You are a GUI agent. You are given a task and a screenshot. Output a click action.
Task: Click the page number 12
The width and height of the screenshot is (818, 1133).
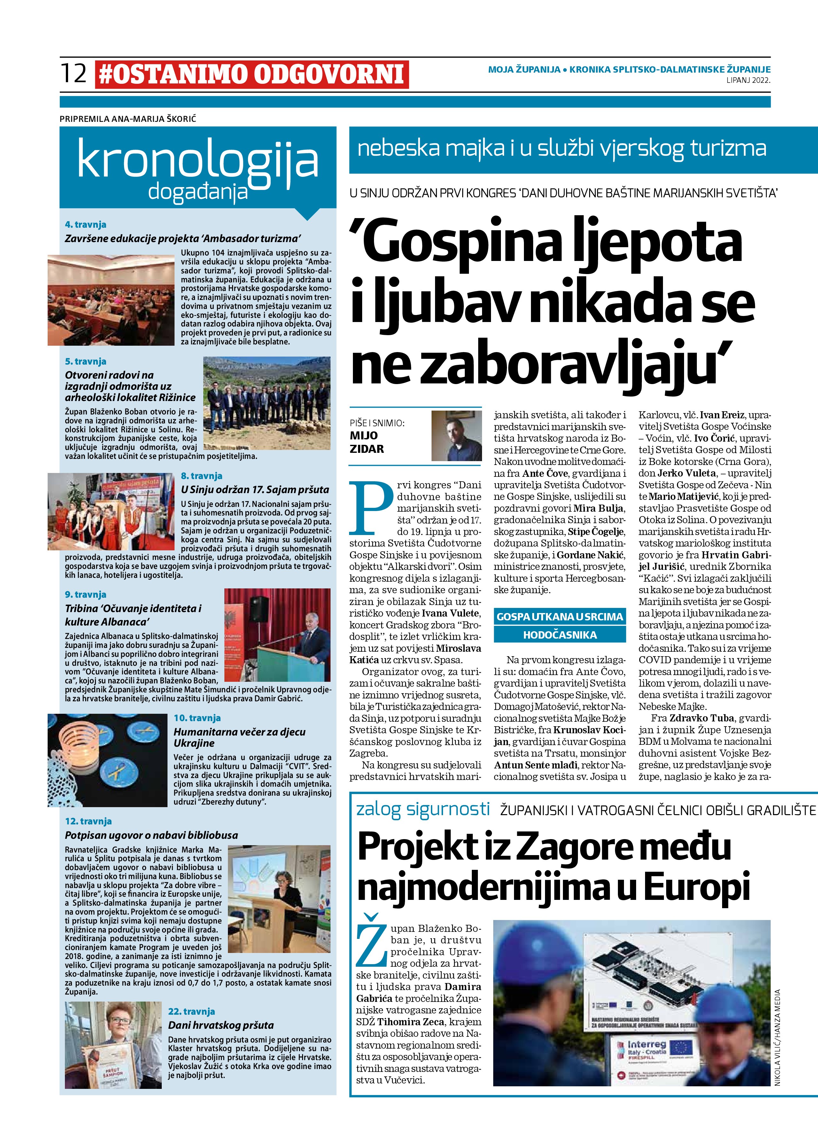coord(74,74)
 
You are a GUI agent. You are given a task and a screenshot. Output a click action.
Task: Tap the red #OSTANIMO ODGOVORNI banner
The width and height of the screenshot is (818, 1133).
coord(252,75)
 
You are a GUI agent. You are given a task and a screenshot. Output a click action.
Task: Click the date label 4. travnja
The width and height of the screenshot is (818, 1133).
coord(85,225)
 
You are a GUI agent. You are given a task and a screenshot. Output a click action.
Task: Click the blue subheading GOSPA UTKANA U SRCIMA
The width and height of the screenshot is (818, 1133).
coord(559,617)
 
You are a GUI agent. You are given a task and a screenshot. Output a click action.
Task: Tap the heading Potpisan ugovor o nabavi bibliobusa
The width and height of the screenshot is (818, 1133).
coord(151,835)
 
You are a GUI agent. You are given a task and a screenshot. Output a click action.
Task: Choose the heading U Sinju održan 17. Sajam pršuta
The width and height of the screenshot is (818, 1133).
coord(255,490)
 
